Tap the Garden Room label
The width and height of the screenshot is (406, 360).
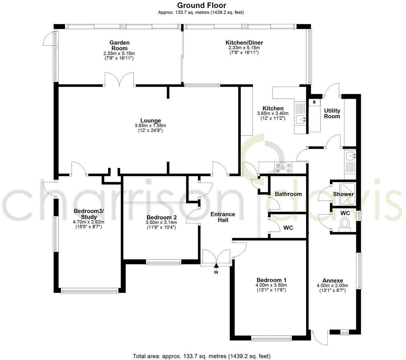[x=119, y=46]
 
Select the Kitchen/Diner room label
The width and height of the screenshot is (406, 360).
[x=244, y=43]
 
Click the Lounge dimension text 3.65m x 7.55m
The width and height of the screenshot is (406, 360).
[x=150, y=126]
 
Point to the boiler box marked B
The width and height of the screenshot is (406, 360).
[x=314, y=102]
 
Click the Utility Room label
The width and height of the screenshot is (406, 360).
[x=332, y=114]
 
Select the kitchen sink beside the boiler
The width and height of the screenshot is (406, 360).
[x=300, y=119]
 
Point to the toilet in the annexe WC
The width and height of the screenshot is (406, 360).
[x=345, y=223]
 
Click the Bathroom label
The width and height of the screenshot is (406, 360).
[x=288, y=194]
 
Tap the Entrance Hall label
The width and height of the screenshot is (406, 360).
[x=223, y=217]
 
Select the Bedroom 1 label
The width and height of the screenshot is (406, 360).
[x=271, y=280]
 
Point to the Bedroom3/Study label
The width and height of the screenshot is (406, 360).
[x=89, y=214]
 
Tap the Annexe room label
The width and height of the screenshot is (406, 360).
[x=332, y=281]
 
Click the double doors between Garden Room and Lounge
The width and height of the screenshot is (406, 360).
[x=119, y=80]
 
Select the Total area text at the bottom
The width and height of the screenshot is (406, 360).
[x=202, y=356]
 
